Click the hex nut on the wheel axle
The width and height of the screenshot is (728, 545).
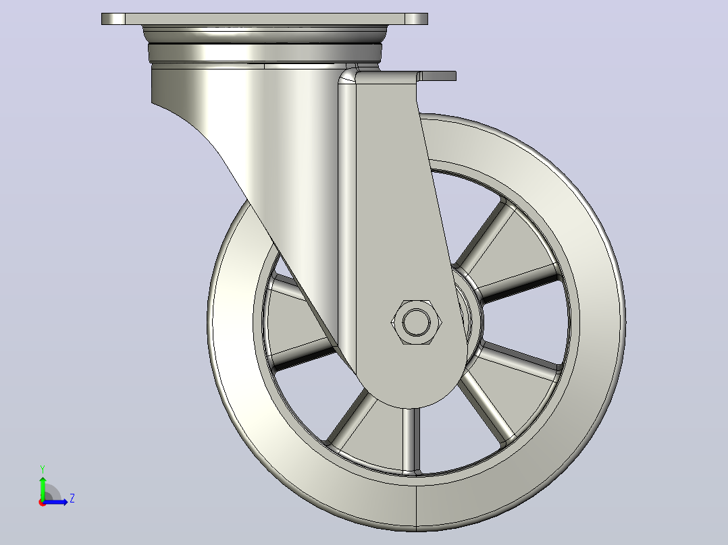[x=417, y=322]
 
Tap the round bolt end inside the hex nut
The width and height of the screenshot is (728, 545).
[x=417, y=322]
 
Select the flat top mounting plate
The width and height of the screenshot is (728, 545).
[x=265, y=19]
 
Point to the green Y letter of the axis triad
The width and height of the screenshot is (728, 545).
[x=43, y=469]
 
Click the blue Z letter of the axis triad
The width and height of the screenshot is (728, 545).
[x=72, y=498]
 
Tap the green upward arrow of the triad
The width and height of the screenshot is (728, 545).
[x=43, y=488]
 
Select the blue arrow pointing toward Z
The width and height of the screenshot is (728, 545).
[x=55, y=502]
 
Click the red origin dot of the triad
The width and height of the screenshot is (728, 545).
[x=43, y=503]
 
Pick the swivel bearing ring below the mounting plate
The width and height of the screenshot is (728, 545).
[x=265, y=52]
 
